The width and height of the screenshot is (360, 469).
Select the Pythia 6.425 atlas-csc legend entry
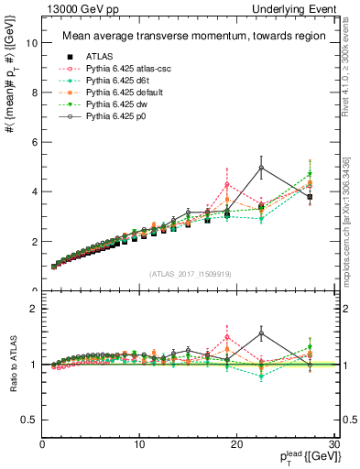coord(118,68)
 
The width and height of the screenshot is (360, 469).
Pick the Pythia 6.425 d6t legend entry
coord(112,81)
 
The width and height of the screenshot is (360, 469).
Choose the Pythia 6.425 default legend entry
coord(116,93)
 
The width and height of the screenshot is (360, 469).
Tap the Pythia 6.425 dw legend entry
coord(111,106)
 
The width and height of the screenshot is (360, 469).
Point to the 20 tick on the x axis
coord(237,444)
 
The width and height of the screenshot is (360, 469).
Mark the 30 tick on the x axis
coord(334,444)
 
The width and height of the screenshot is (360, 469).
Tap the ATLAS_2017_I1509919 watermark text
coord(190,273)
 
